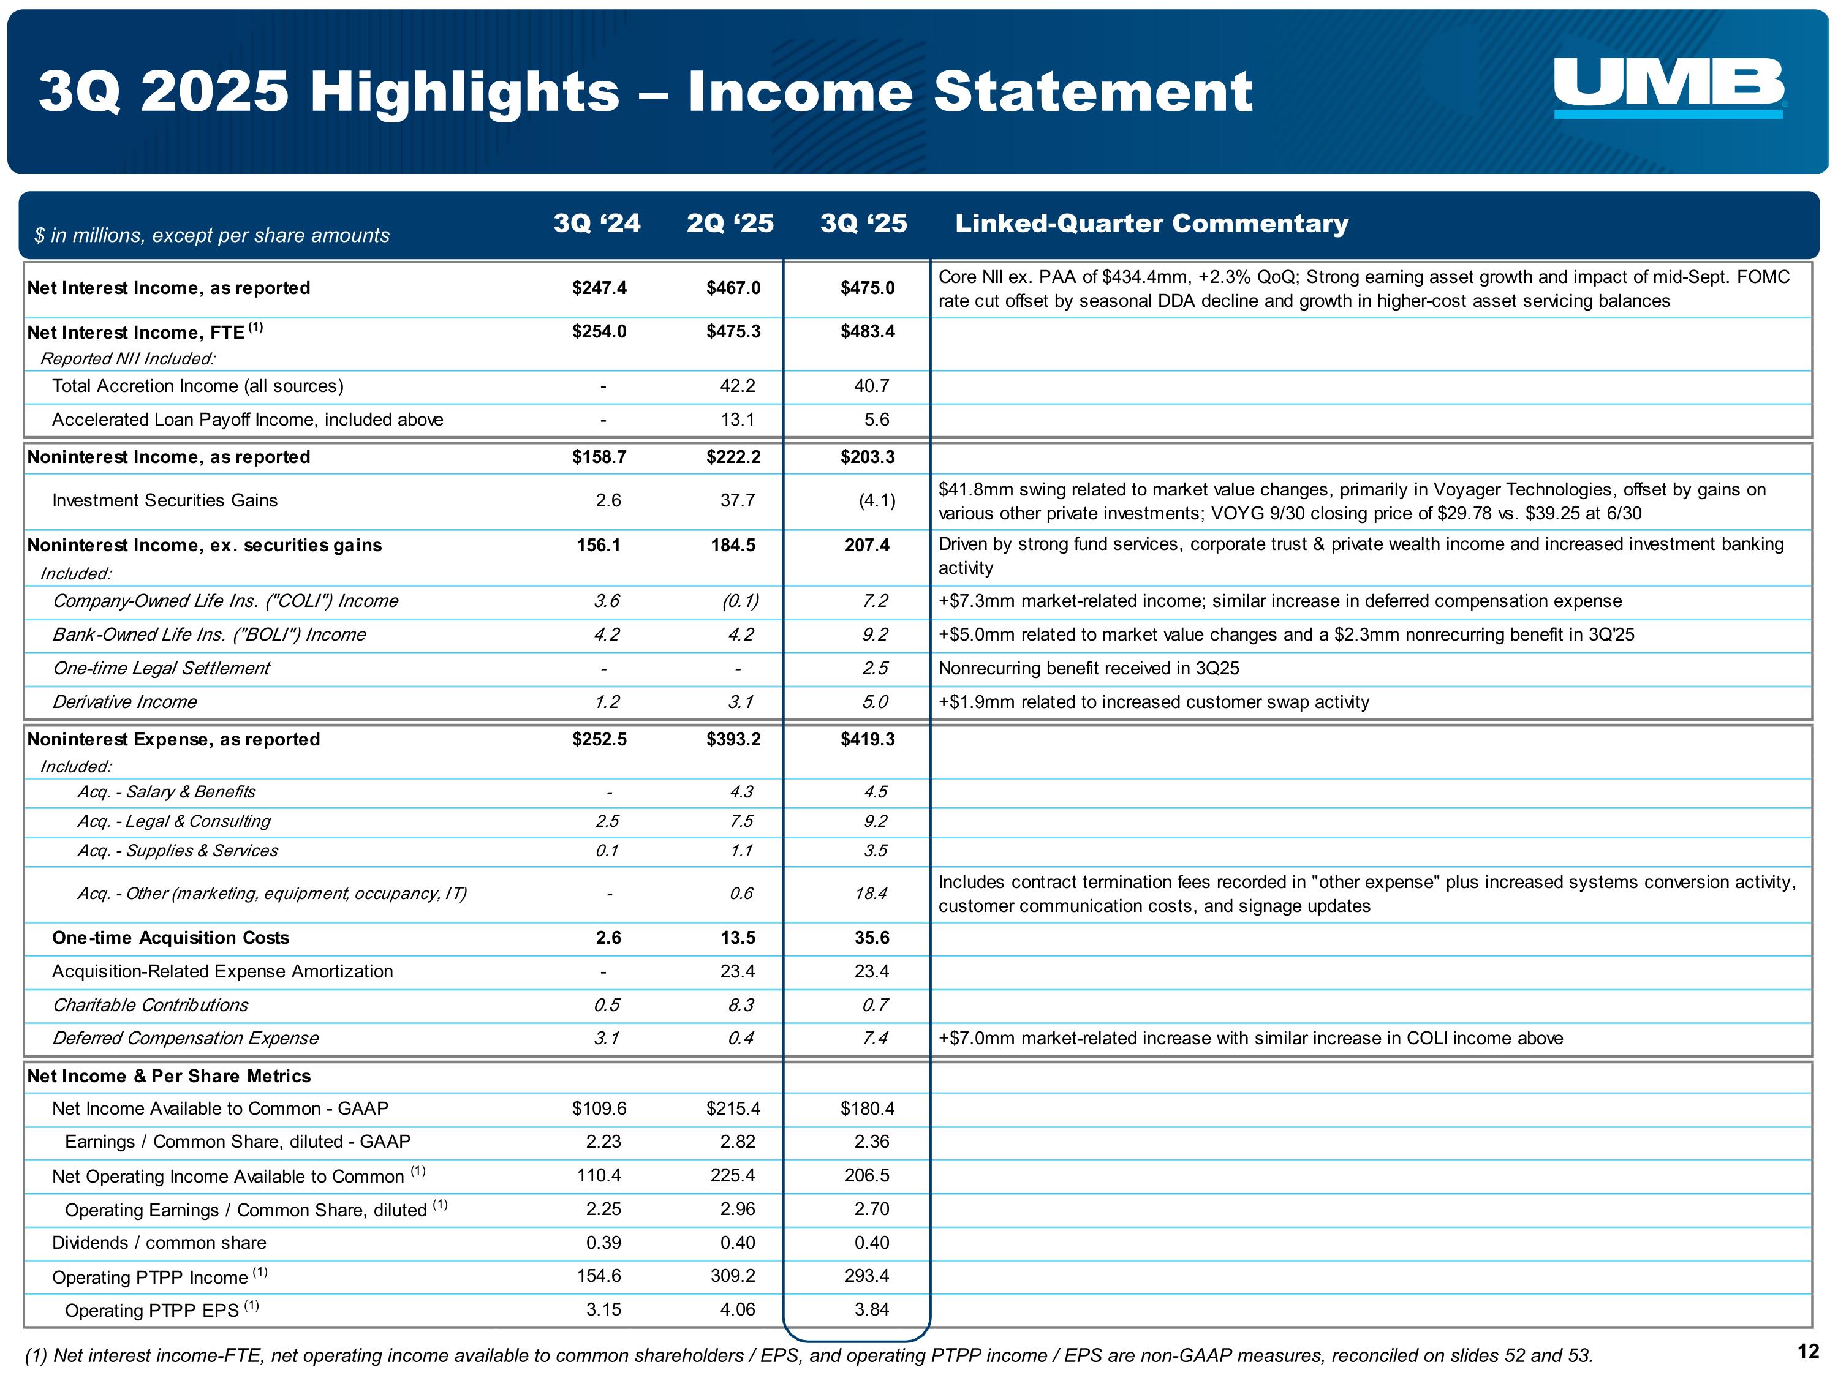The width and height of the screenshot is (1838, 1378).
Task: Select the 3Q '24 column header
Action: tap(597, 224)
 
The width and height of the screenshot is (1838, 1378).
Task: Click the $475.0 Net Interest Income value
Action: tap(868, 288)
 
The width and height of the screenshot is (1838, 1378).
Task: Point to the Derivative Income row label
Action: tap(124, 702)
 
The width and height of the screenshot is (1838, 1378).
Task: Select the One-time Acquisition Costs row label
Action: tap(170, 938)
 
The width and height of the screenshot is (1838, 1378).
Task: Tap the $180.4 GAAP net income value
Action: tap(868, 1109)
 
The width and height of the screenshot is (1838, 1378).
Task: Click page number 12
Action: tap(1808, 1352)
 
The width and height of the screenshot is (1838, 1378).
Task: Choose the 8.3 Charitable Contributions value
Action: tap(740, 1005)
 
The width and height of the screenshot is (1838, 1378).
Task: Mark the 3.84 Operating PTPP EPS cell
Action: tap(872, 1310)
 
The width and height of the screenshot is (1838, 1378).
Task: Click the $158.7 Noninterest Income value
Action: tap(599, 457)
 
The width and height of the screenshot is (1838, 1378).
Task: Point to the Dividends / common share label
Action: tap(159, 1243)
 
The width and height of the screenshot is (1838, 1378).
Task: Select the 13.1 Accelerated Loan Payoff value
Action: tap(737, 420)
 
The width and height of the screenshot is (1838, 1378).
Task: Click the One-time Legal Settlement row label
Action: tap(161, 669)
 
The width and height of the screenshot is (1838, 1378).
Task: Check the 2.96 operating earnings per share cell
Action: tap(737, 1210)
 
